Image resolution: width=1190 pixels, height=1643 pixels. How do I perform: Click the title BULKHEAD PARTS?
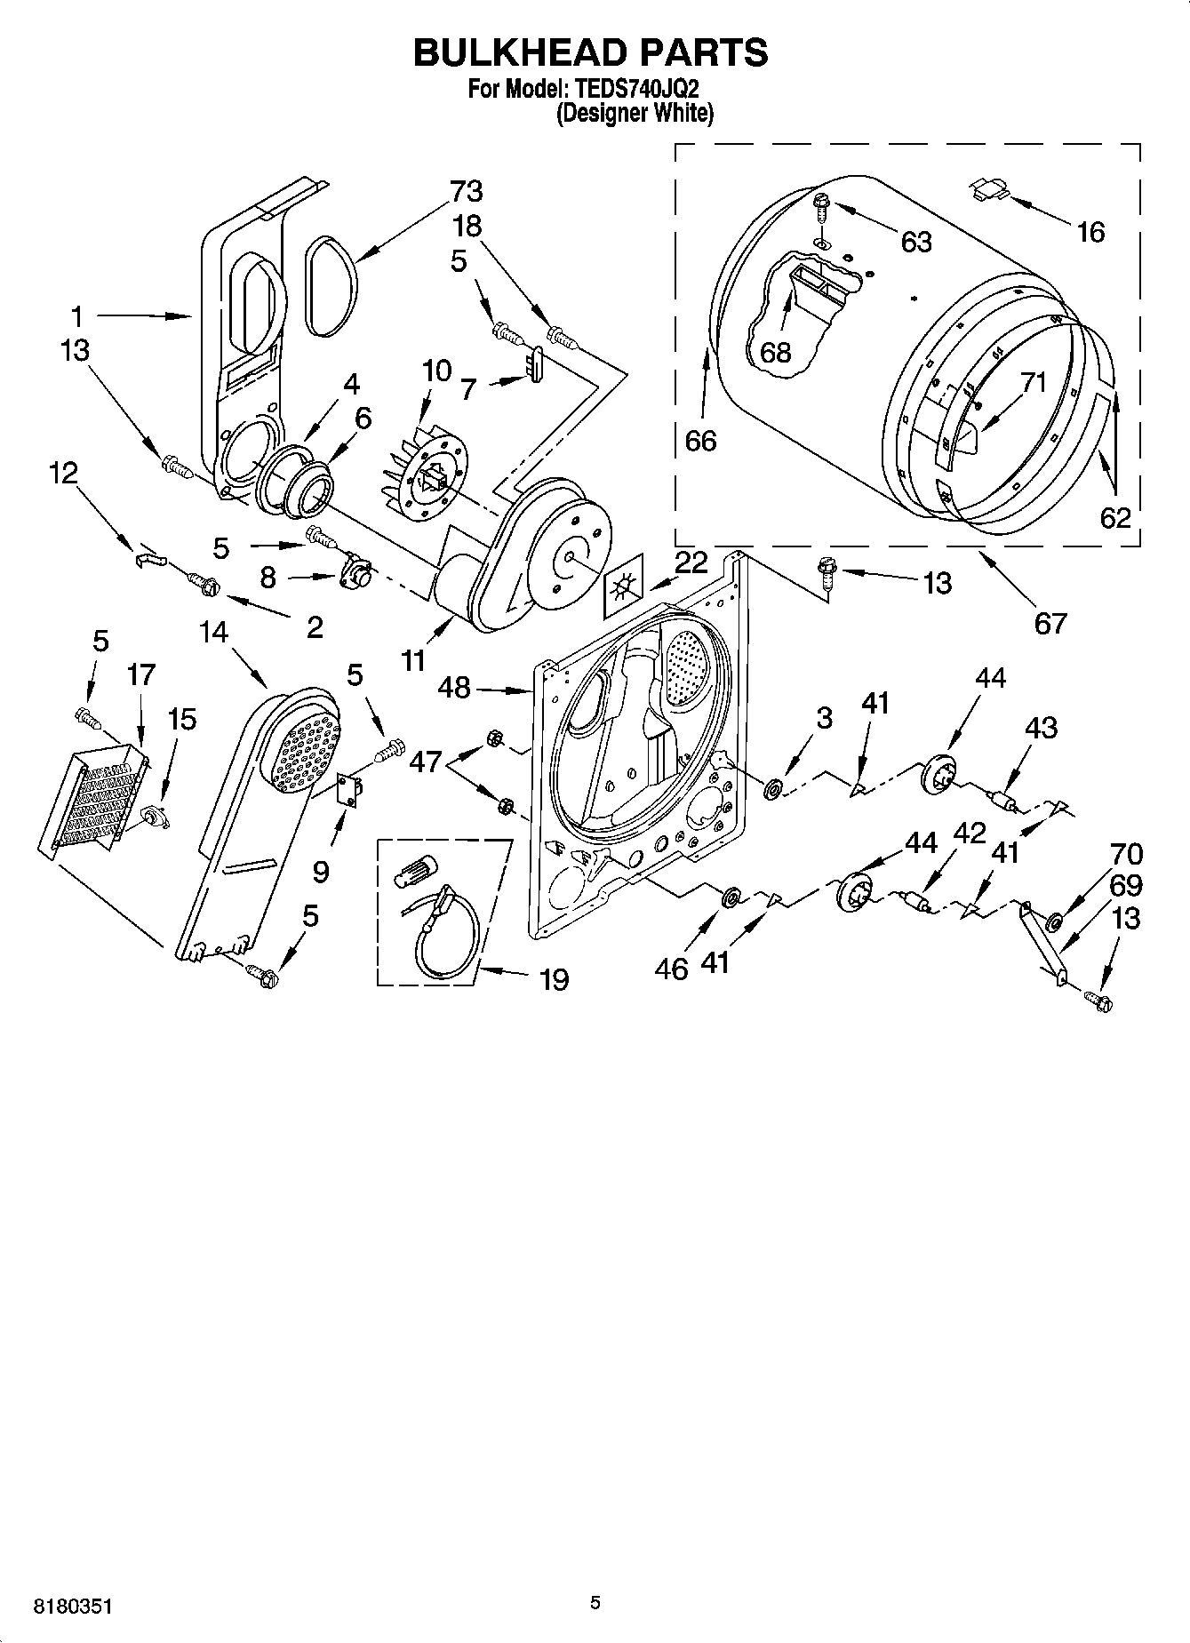[590, 52]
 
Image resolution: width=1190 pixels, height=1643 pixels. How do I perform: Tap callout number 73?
[466, 191]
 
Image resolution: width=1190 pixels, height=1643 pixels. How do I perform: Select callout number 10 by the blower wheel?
[436, 370]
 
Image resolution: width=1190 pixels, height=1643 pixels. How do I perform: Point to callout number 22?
[691, 562]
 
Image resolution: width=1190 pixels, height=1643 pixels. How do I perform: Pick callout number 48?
[454, 686]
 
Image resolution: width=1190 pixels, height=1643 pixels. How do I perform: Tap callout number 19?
[554, 979]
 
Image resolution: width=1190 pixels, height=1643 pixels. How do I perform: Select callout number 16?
[1090, 232]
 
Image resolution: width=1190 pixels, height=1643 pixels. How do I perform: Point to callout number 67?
[1050, 623]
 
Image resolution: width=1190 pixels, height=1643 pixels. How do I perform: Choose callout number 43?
[1041, 727]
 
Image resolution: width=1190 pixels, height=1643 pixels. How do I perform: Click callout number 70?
[1126, 854]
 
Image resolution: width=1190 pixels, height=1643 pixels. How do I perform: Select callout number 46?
[672, 968]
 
